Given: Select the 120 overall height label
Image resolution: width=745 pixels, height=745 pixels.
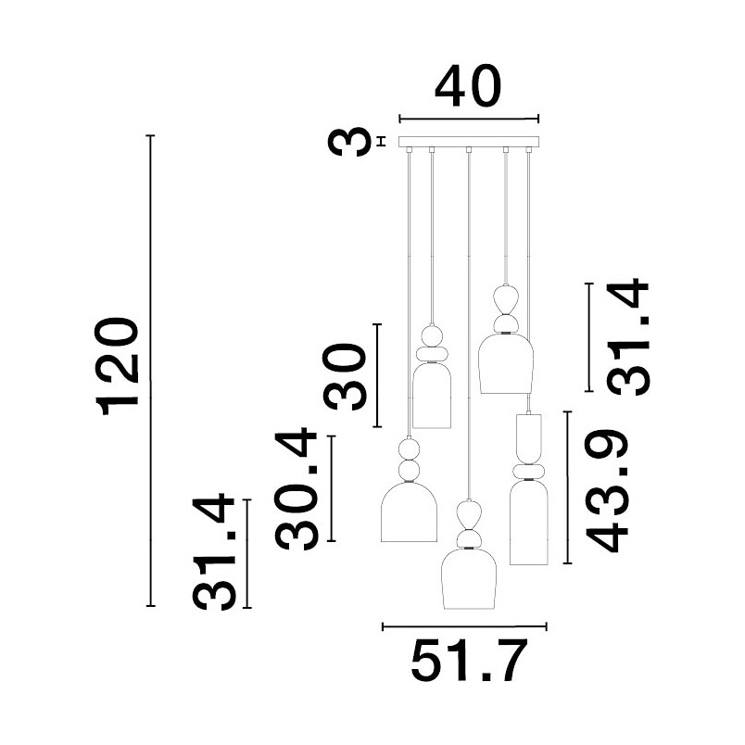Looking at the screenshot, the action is [118, 367].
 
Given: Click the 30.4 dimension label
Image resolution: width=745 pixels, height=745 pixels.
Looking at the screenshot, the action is [296, 488].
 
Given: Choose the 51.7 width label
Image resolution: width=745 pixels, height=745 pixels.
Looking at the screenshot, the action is [469, 661].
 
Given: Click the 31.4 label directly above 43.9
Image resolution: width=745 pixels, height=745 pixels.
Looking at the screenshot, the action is [627, 338].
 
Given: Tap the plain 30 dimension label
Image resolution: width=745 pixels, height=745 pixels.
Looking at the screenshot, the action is [345, 377].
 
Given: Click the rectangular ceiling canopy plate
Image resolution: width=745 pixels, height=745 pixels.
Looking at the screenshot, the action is [469, 142].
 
